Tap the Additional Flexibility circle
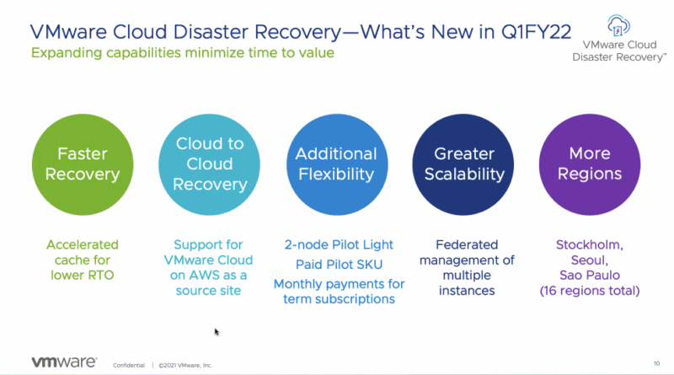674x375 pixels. [335, 164]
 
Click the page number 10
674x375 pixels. [656, 363]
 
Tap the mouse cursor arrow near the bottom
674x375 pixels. [217, 332]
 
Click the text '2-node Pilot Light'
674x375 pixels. [339, 244]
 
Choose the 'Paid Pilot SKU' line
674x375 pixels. [339, 264]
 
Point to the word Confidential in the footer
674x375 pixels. [128, 365]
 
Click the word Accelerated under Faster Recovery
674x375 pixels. [83, 244]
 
